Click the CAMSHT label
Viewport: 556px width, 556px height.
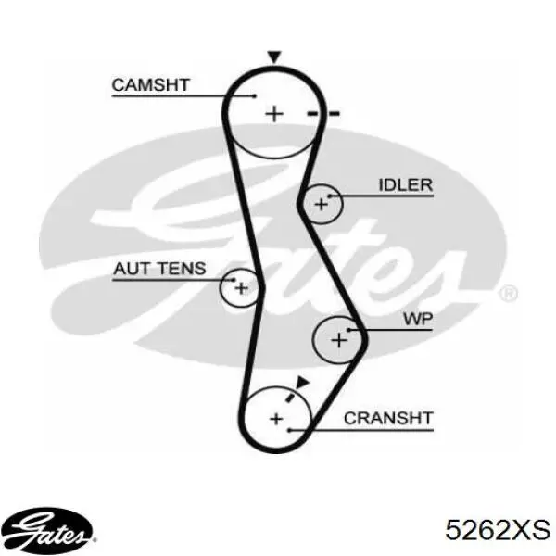tap(151, 85)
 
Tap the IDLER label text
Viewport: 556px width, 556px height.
tap(406, 185)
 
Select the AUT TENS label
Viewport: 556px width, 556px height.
tap(159, 269)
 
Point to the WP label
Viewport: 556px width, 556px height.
tap(418, 319)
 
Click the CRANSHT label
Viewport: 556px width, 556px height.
tap(388, 419)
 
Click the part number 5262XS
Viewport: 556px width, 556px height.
tap(498, 530)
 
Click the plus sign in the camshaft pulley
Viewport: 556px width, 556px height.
tap(274, 114)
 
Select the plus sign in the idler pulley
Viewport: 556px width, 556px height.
tap(322, 205)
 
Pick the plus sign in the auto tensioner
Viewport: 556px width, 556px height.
tap(241, 288)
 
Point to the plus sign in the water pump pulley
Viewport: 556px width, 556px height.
tap(339, 340)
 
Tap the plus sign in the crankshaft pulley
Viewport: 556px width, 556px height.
tap(276, 419)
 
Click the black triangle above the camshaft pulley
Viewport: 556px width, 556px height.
tap(274, 57)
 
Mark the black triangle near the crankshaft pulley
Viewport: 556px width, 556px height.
tap(302, 383)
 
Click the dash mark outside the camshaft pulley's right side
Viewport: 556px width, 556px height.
tap(334, 113)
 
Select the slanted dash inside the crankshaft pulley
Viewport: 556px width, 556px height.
tap(290, 398)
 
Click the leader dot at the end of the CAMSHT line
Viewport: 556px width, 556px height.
tap(254, 95)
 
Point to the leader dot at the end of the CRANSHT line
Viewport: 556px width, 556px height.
tap(289, 430)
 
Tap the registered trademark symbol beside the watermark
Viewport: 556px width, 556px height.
tap(508, 294)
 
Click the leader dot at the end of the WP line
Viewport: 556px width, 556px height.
tap(349, 330)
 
